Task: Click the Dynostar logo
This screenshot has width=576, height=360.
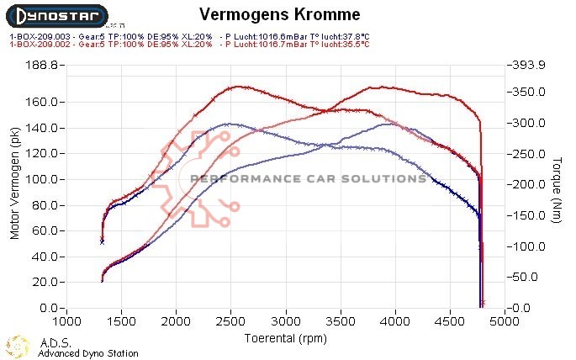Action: pyautogui.click(x=56, y=14)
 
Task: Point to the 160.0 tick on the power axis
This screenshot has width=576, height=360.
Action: pyautogui.click(x=41, y=102)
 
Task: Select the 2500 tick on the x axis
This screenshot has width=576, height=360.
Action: pyautogui.click(x=231, y=321)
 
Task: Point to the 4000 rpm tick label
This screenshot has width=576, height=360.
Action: pyautogui.click(x=395, y=321)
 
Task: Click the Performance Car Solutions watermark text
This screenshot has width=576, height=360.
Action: pyautogui.click(x=308, y=178)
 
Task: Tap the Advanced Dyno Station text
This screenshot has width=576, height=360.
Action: pyautogui.click(x=88, y=353)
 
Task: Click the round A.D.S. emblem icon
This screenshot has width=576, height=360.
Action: pyautogui.click(x=18, y=346)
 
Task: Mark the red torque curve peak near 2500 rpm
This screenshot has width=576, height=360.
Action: pyautogui.click(x=238, y=86)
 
